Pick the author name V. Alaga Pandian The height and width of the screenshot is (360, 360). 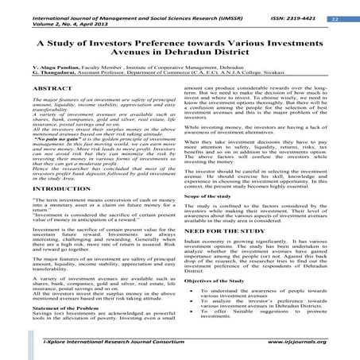pyautogui.click(x=41, y=94)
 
